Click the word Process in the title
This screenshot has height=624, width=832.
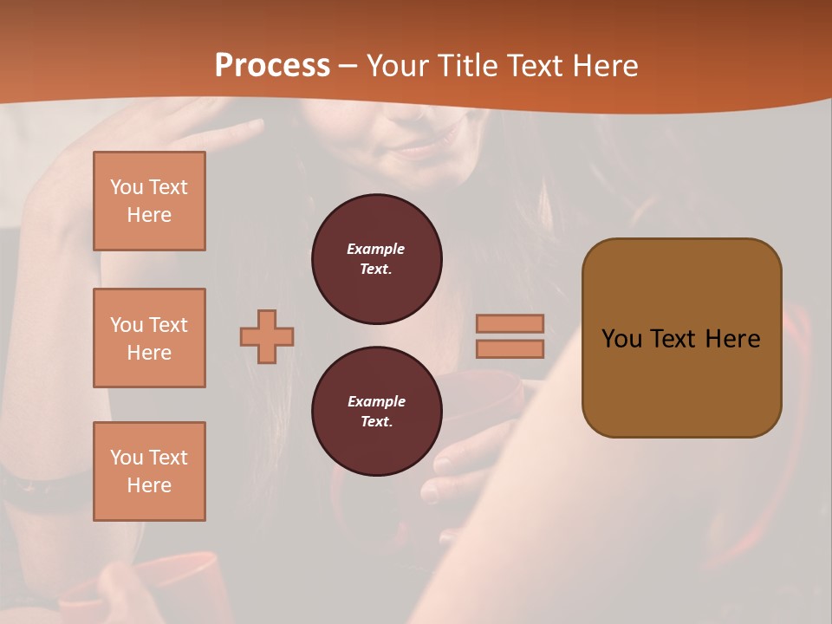point(272,66)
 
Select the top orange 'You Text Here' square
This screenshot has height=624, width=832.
point(149,201)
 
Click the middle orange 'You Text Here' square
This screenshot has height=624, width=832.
point(149,338)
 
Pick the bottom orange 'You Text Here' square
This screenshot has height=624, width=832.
point(149,471)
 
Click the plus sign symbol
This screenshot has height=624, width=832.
point(267,336)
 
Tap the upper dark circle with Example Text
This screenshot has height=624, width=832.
point(377,259)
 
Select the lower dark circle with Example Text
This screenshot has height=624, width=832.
point(377,412)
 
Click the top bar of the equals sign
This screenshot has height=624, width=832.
point(510,323)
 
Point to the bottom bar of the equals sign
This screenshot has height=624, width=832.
point(510,348)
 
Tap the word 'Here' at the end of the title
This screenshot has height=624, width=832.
point(604,66)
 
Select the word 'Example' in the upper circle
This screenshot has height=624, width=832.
point(375,249)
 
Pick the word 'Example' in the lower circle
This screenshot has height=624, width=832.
point(376,401)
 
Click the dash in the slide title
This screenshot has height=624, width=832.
point(348,66)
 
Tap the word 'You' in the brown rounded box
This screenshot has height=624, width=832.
point(621,339)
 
